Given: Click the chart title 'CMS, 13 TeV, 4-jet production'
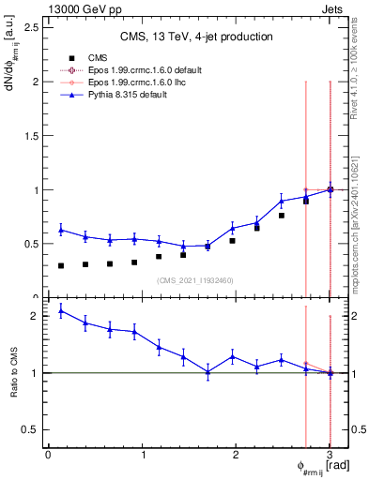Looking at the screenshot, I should (196, 37).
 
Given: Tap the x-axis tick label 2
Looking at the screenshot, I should (236, 455).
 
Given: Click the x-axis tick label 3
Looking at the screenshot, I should (330, 455).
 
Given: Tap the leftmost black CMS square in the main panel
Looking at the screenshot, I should (61, 266).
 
